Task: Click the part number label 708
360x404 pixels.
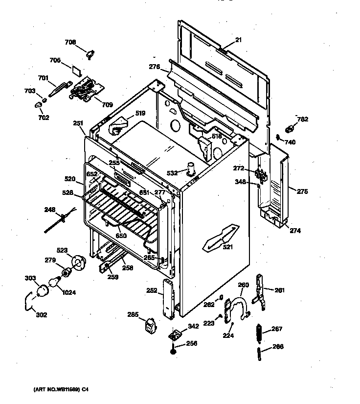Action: (x=70, y=43)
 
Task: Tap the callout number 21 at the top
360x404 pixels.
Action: (x=238, y=40)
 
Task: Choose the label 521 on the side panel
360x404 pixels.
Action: (x=227, y=247)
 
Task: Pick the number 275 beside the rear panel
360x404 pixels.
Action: (x=302, y=191)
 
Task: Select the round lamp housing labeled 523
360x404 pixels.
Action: (x=78, y=261)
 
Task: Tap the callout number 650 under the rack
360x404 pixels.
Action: (x=121, y=236)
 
